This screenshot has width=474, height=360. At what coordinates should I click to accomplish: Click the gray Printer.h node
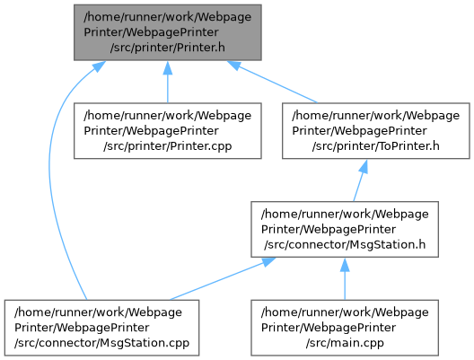pos(168,32)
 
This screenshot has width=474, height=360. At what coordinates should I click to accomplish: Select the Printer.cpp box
pos(168,130)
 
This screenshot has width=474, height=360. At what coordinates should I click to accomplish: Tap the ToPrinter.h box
pos(376,130)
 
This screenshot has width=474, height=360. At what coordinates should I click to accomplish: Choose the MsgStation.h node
pos(345,229)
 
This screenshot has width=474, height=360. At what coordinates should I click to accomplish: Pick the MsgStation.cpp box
pos(101,328)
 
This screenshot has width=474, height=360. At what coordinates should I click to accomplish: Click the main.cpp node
pos(345,328)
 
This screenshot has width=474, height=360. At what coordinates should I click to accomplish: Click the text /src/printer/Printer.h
pos(168,48)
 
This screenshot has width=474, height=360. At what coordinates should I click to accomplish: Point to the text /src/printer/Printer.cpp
pos(168,146)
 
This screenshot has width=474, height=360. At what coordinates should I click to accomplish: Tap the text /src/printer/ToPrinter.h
pos(376,146)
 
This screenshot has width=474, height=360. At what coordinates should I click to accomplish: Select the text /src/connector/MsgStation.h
pos(345,245)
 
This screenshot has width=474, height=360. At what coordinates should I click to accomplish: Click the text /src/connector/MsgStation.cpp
pos(101,343)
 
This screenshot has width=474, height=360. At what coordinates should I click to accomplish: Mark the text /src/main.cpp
pos(345,343)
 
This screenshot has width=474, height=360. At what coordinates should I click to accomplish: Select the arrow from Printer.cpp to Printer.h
pos(168,82)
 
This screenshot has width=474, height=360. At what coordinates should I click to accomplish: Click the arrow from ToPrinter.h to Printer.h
pos(272,82)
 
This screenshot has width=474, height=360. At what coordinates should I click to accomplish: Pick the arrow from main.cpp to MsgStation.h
pos(345,278)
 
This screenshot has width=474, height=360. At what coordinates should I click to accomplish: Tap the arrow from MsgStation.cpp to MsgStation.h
pos(223,278)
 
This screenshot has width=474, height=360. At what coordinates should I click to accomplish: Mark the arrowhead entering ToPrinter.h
pos(364,167)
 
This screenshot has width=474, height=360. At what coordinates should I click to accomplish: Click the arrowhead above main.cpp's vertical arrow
pos(345,265)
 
